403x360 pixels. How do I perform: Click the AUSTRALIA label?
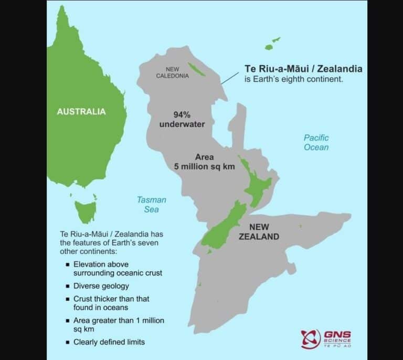coord(81,111)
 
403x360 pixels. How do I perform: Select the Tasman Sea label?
coord(152,205)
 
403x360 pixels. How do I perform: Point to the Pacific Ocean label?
coord(316,142)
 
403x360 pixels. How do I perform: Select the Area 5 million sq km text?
coord(204,162)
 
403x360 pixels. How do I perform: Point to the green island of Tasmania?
coord(85,209)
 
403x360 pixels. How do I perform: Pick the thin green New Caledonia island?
coord(196,68)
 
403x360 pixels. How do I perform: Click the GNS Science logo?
coord(325,338)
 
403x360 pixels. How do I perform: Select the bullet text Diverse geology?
coord(101,286)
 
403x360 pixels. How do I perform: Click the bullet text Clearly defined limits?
coord(109,342)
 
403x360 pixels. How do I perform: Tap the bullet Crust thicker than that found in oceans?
coord(111,303)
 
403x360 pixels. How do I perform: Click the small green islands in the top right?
coord(272,44)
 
